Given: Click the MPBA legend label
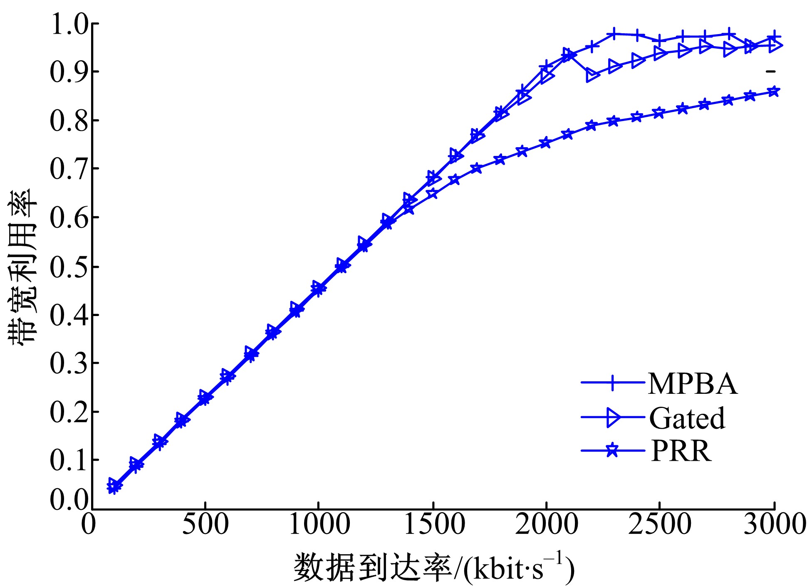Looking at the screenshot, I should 693,383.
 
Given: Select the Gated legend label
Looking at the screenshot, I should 687,418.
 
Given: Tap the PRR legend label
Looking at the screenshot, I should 681,451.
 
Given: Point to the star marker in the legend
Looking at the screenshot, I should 612,450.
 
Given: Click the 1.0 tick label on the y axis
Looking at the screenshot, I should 69,24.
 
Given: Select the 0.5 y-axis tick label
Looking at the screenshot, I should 69,266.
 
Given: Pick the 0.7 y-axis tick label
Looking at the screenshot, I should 69,169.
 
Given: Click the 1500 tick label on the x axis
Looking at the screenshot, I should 434,524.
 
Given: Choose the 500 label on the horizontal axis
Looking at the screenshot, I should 205,524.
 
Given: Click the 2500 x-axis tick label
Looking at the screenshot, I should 660,524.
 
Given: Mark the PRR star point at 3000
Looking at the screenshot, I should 774,91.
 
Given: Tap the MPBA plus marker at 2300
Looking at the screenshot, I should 614,34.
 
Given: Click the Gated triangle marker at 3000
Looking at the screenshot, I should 775,45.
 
